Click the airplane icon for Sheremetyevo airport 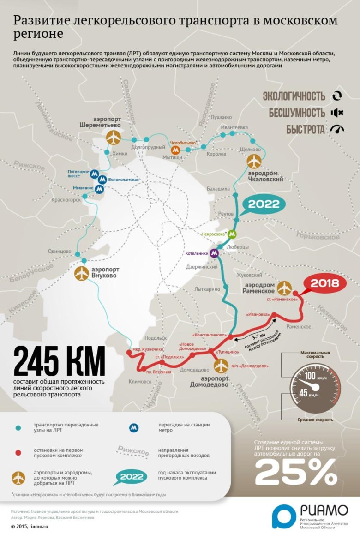click(113, 137)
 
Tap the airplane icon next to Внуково click(82, 273)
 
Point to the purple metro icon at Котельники click(214, 253)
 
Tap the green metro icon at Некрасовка click(232, 234)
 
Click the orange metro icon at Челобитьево click(175, 150)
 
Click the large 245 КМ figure click(60, 361)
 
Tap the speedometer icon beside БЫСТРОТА click(337, 129)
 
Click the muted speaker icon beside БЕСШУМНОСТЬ click(337, 113)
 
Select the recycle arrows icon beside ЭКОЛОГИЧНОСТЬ click(337, 96)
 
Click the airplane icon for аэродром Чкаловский click(254, 162)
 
